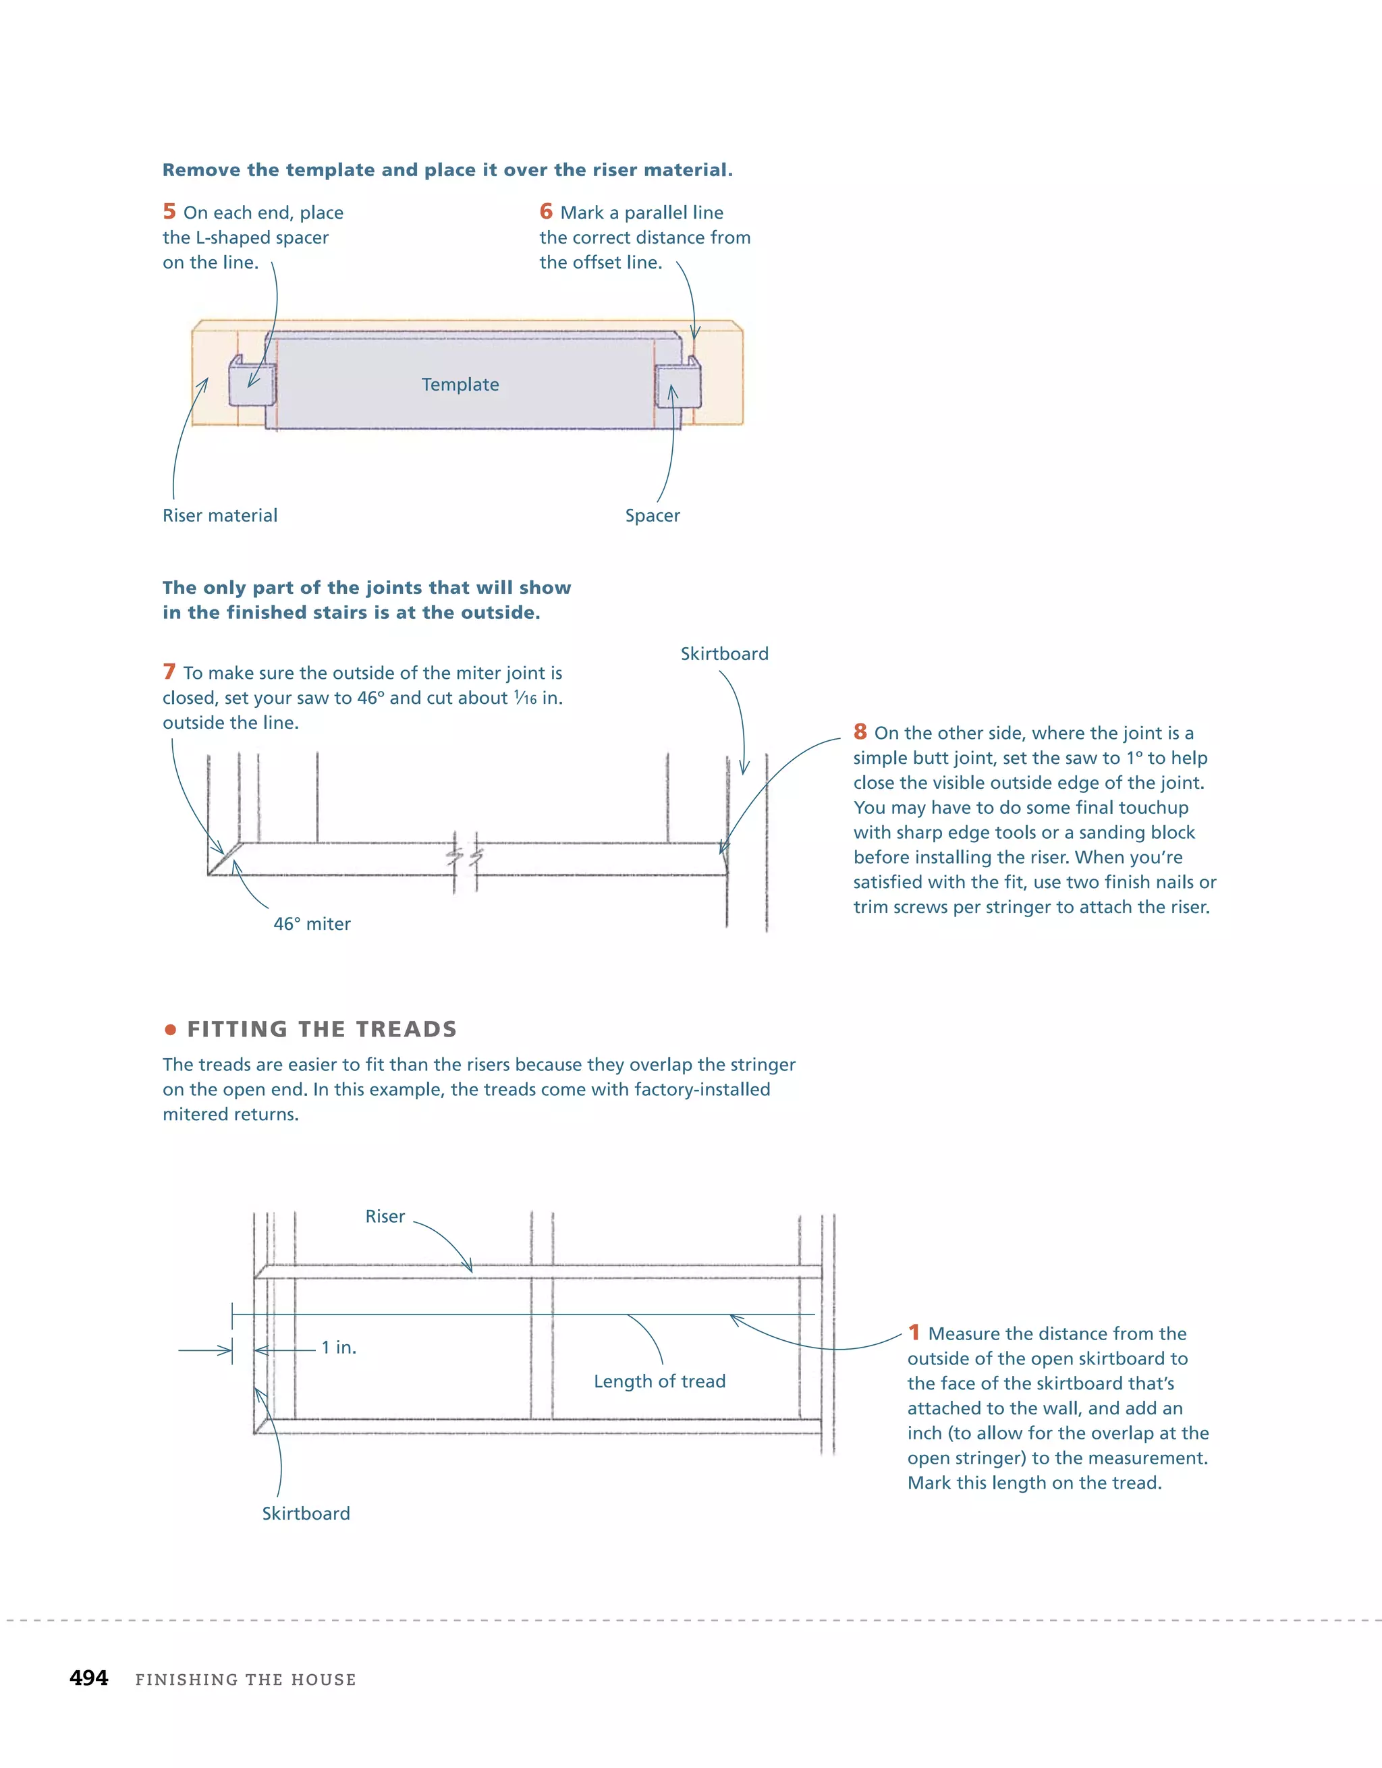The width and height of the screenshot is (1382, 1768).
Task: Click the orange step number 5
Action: click(169, 211)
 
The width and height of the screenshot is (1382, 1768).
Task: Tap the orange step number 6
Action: click(547, 211)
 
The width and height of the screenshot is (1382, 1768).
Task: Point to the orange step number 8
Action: click(860, 731)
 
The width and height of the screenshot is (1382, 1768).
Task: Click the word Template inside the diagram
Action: click(460, 385)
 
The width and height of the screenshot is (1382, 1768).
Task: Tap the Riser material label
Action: click(219, 516)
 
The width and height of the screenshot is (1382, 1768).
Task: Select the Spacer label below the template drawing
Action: click(652, 516)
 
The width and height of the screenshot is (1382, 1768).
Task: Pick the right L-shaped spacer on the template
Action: click(678, 384)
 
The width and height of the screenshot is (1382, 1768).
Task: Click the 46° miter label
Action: click(312, 924)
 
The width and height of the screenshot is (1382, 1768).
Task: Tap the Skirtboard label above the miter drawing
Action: click(724, 653)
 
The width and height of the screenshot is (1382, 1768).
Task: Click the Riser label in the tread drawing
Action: click(385, 1216)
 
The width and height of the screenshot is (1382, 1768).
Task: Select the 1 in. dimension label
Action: click(339, 1347)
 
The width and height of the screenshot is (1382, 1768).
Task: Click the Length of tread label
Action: click(659, 1381)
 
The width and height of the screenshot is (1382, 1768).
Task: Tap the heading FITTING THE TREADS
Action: click(321, 1029)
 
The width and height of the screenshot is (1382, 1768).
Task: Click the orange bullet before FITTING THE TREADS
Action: click(170, 1030)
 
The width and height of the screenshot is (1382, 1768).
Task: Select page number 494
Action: click(89, 1678)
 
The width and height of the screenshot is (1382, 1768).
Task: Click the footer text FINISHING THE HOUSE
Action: click(246, 1680)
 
